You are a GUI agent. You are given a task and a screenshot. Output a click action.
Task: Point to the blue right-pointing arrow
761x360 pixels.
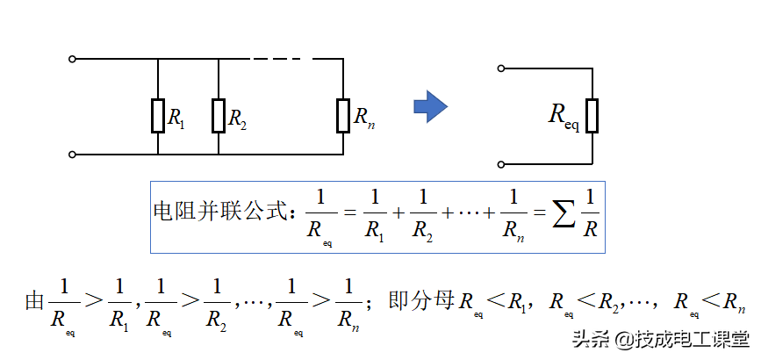tap(430, 106)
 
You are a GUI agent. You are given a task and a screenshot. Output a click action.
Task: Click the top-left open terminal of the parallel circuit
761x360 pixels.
tap(72, 60)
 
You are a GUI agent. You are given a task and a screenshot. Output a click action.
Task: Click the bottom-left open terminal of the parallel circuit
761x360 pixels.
tap(72, 155)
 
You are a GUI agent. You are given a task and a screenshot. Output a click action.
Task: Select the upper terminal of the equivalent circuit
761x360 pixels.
tap(501, 68)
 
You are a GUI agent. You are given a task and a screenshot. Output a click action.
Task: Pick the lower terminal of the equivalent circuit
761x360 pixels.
tap(501, 163)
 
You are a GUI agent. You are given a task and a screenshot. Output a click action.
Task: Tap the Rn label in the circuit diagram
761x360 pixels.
tap(364, 117)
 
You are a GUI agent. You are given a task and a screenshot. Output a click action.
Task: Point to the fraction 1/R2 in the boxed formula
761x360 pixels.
tap(423, 216)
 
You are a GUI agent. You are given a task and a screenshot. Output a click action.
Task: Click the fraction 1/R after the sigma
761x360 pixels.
tap(591, 216)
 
